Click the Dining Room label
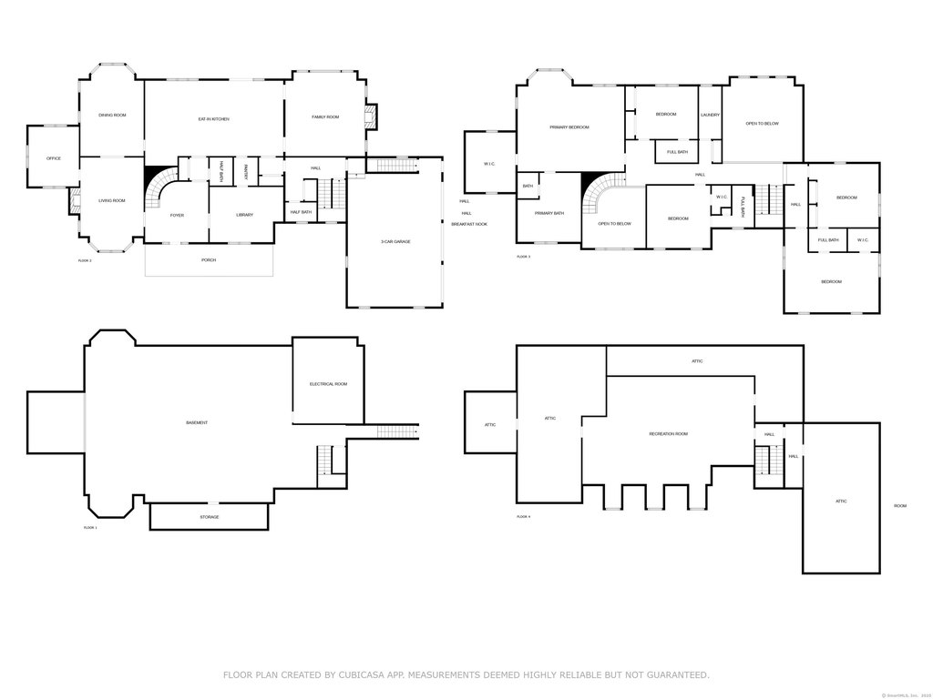tap(112, 115)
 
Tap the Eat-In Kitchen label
tap(213, 119)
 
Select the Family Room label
tap(325, 116)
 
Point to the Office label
tap(54, 158)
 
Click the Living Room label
tap(112, 200)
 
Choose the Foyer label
tap(177, 215)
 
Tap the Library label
tap(244, 215)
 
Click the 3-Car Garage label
tap(395, 241)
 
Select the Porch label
tap(209, 259)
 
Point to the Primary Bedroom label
tap(569, 127)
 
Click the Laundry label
tap(711, 115)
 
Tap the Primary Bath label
tap(549, 213)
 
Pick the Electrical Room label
tap(328, 384)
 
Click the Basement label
tap(197, 422)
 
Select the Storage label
tap(210, 517)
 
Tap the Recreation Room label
tap(668, 434)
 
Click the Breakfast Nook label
tap(469, 224)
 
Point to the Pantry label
tap(246, 170)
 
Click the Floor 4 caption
tap(523, 516)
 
